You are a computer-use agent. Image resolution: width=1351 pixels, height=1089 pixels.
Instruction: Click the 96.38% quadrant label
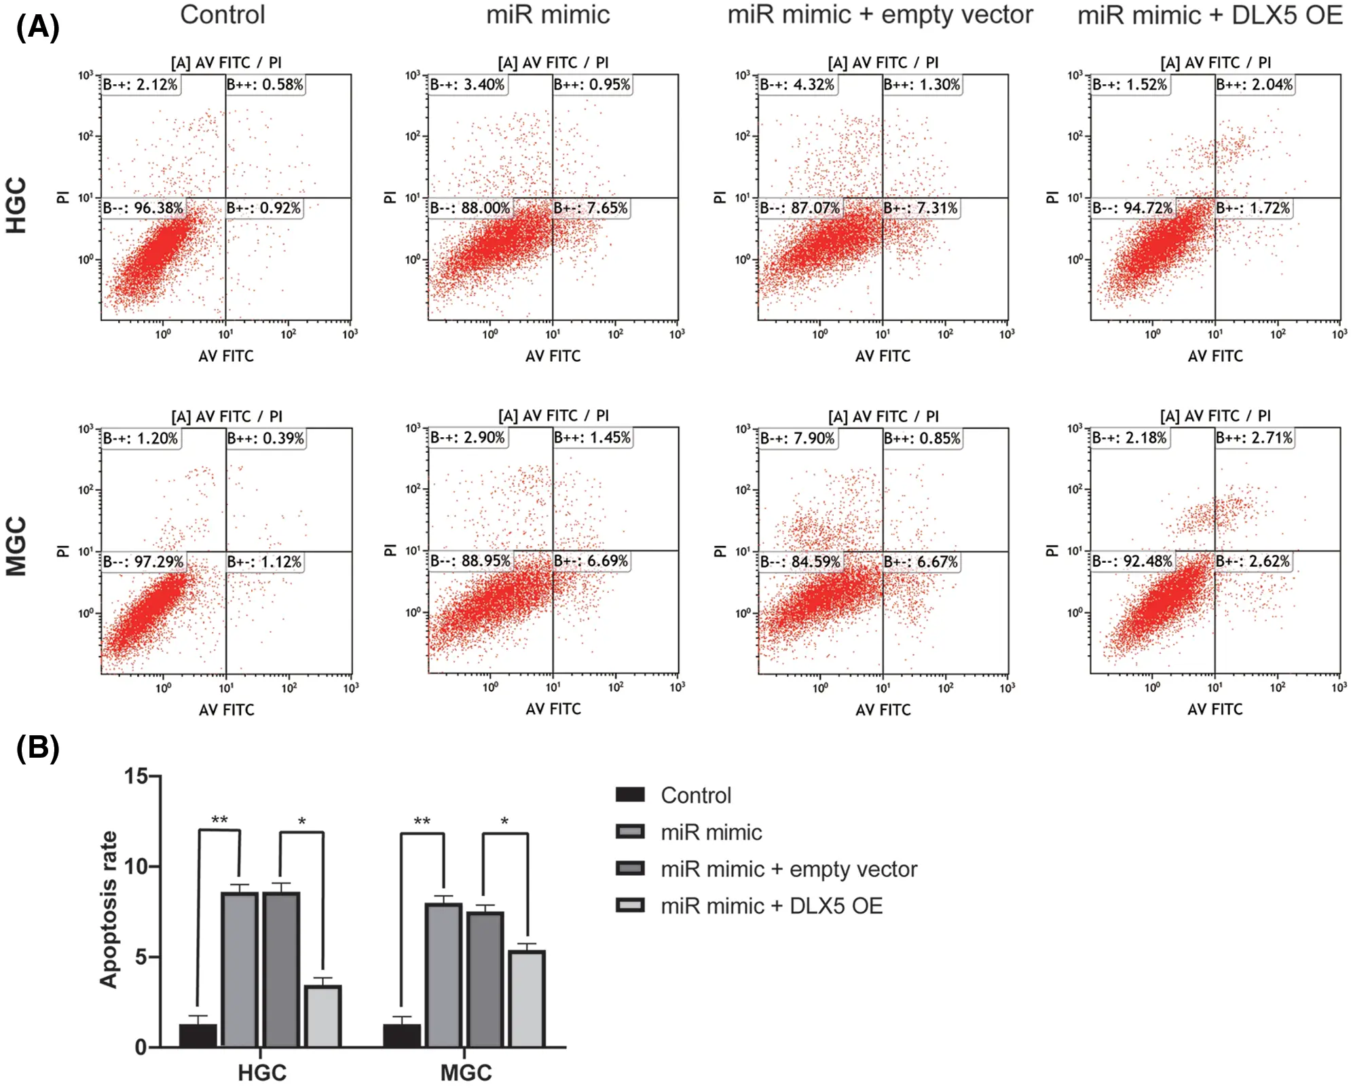point(143,208)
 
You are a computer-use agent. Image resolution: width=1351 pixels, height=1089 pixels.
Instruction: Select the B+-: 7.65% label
point(591,208)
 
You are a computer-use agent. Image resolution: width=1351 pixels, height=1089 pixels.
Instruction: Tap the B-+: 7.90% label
point(797,439)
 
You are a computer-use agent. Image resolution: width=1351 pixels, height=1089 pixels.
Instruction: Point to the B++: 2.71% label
point(1254,438)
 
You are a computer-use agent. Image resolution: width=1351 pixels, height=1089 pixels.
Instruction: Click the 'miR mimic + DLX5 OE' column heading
point(1210,16)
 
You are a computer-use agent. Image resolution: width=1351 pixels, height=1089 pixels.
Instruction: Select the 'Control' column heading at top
point(222,16)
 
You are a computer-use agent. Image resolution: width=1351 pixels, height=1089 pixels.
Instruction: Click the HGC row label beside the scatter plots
point(16,205)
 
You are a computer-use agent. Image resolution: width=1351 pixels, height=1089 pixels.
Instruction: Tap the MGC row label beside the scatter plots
point(16,547)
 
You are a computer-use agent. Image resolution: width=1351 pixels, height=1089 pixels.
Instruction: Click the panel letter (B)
point(37,747)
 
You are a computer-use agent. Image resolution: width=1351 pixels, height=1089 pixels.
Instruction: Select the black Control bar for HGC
point(198,1035)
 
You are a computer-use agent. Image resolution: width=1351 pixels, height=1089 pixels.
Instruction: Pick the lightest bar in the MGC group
point(527,998)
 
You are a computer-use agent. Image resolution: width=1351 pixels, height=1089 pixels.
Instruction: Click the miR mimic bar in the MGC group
point(443,975)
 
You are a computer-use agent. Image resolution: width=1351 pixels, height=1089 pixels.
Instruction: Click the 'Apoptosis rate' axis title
point(109,910)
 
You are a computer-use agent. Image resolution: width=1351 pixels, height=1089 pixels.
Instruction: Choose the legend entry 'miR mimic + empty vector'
point(788,869)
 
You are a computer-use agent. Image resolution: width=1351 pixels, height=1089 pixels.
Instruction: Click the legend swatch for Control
point(629,795)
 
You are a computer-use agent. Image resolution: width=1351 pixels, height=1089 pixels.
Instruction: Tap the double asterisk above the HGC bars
point(219,820)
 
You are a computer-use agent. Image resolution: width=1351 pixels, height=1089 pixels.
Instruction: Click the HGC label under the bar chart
point(262,1073)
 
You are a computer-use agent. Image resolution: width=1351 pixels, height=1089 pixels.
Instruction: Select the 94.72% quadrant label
point(1132,208)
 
